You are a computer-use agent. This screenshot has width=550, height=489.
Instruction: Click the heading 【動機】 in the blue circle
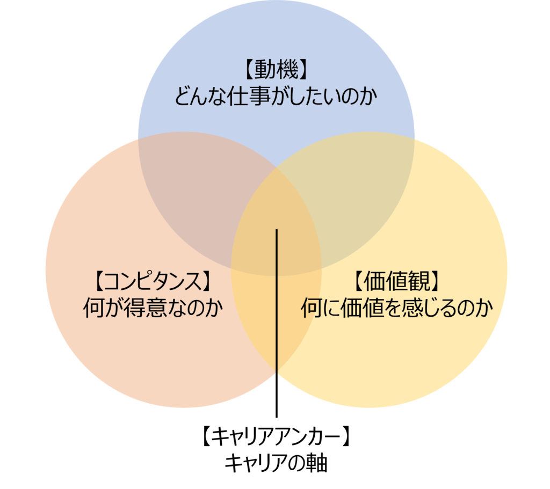[x=276, y=69]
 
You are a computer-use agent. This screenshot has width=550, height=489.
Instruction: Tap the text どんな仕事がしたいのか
[x=276, y=96]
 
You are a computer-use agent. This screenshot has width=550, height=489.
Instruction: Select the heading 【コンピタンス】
[x=153, y=281]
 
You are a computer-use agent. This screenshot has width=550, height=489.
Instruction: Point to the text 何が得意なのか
[x=153, y=308]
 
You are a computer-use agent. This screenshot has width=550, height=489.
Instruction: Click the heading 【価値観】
[x=396, y=281]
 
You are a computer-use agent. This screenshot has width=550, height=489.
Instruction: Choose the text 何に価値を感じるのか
[x=397, y=308]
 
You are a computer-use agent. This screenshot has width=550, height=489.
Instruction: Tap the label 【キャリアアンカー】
[x=276, y=436]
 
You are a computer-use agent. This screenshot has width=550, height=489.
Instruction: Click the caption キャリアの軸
[x=276, y=463]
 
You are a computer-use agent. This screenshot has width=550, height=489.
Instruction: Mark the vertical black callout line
[x=277, y=323]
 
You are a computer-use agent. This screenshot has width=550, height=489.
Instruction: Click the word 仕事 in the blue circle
[x=248, y=96]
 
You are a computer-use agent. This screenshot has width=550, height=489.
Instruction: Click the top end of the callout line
[x=277, y=230]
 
